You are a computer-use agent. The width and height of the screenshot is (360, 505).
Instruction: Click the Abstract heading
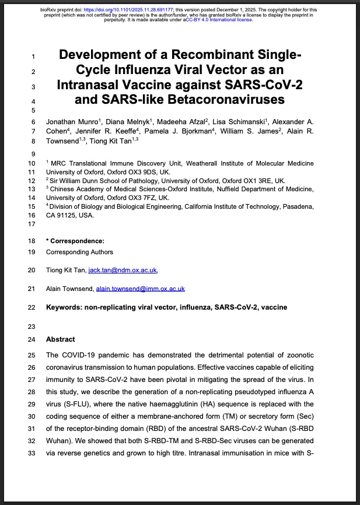point(61,339)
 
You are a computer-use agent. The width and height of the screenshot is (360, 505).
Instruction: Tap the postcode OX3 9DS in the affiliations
point(142,173)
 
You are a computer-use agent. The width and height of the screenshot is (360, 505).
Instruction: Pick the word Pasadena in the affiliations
point(295,206)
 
